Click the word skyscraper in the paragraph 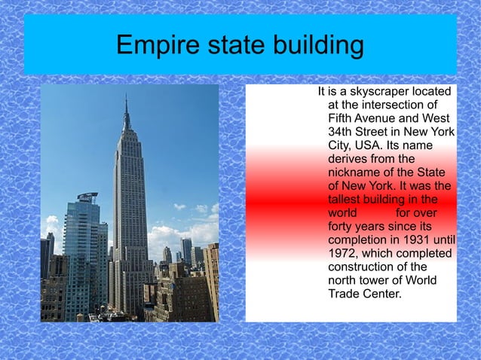click(x=369, y=92)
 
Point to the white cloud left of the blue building click(x=51, y=226)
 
